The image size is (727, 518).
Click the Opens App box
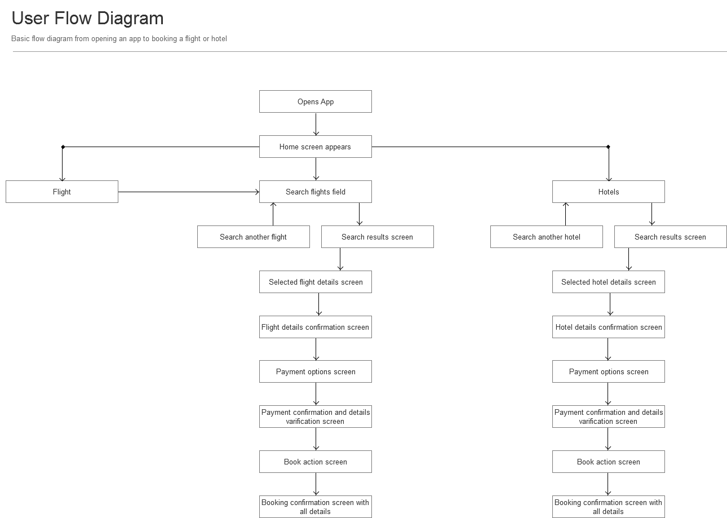tap(316, 101)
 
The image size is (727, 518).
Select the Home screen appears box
tap(316, 147)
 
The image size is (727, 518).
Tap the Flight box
tap(62, 192)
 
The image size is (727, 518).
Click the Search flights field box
tap(316, 192)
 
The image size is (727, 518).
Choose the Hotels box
tap(609, 192)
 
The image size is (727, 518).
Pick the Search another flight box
tap(254, 237)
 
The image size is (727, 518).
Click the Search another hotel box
tap(547, 237)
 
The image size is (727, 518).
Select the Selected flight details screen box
tap(316, 282)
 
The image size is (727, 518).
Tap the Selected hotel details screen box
tap(609, 282)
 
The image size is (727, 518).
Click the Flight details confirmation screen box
tap(316, 327)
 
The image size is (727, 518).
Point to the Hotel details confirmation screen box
tap(609, 327)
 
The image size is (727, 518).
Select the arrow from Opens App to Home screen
tap(316, 124)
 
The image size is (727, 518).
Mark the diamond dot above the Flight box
tap(63, 147)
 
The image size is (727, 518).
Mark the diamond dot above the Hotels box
tap(608, 147)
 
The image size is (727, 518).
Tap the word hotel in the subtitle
tap(219, 39)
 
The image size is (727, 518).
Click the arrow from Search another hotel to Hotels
tap(566, 214)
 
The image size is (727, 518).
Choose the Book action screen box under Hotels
tap(609, 462)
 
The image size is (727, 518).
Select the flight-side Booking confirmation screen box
tap(316, 506)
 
